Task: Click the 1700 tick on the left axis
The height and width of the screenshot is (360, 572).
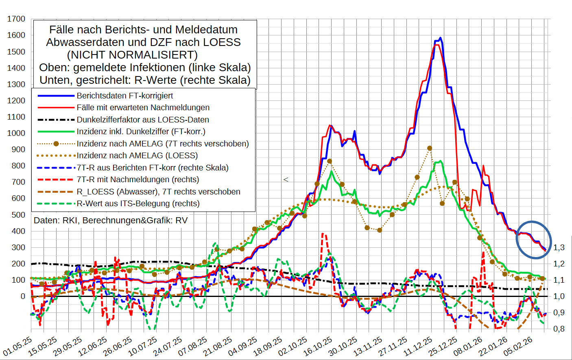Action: coord(16,19)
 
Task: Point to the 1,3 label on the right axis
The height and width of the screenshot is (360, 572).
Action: coord(559,247)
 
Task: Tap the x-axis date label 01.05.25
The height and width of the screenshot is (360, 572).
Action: coord(17,347)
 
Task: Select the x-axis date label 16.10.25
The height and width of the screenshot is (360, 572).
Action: coord(318,347)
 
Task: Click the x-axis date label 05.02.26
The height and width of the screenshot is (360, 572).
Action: coord(518,347)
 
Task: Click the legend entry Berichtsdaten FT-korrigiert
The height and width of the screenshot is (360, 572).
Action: coord(124,96)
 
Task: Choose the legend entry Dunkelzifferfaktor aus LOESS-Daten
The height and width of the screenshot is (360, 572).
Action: coord(142,120)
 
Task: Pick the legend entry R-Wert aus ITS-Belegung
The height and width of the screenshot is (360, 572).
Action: coord(138,203)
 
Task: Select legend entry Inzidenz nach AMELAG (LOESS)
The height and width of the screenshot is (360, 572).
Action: coord(137,155)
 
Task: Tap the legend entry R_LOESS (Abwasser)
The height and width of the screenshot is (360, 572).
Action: coord(158,192)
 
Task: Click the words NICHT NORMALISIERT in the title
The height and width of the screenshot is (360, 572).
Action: coord(132,55)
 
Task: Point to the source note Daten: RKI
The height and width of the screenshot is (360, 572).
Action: coord(111,220)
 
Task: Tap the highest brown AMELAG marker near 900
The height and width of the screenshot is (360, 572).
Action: coord(430,148)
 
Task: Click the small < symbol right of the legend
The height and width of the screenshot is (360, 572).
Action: coord(286,179)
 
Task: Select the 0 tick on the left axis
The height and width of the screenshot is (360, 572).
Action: coord(23,296)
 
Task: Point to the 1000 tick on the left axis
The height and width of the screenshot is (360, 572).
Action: coord(16,133)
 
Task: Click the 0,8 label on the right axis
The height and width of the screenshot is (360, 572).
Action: coord(559,328)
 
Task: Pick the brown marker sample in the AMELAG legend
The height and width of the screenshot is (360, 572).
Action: coord(56,144)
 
